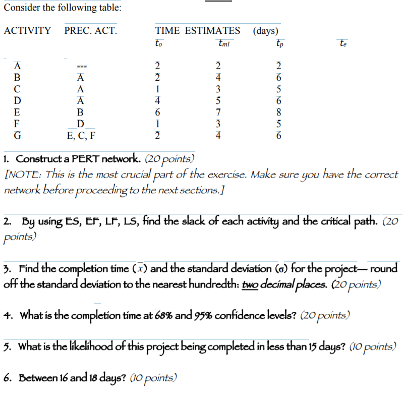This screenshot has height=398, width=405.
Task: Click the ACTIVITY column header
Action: (x=27, y=30)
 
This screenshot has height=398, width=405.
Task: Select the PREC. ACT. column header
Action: (x=90, y=30)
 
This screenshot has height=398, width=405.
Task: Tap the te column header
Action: (x=343, y=43)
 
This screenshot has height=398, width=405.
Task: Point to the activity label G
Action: (x=17, y=135)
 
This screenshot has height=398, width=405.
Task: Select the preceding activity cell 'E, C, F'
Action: (x=81, y=135)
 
